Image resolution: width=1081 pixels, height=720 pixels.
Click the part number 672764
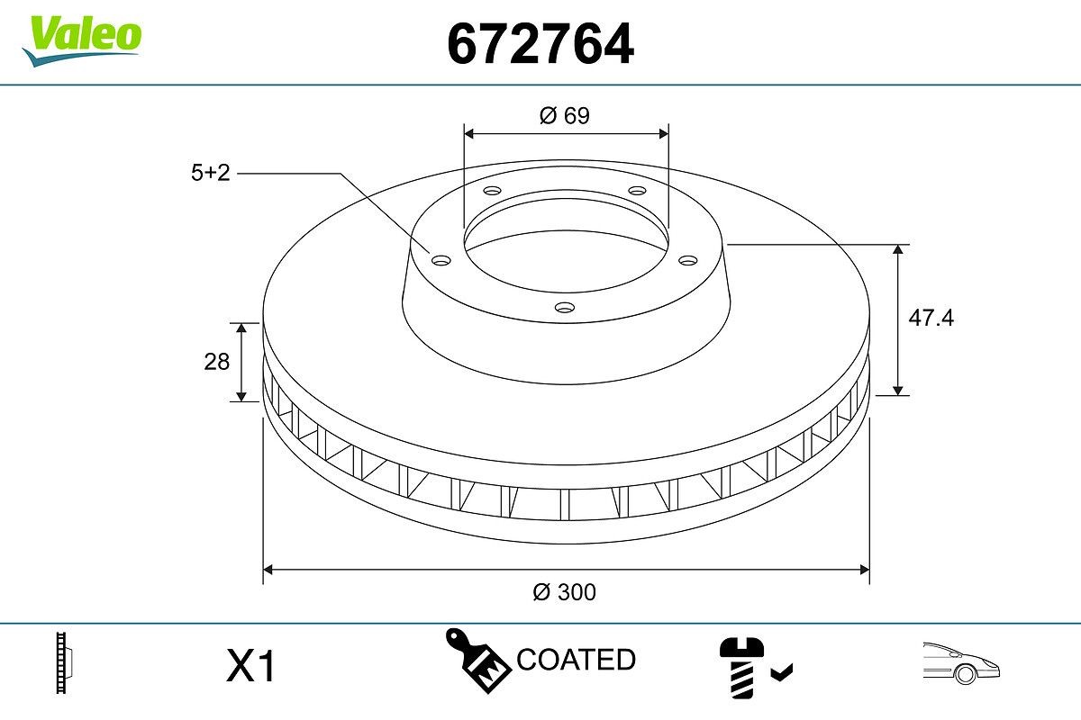(540, 44)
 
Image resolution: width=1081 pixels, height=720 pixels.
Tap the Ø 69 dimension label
(565, 116)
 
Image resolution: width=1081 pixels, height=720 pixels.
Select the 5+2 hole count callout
(211, 173)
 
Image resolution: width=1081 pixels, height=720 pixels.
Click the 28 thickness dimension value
(217, 362)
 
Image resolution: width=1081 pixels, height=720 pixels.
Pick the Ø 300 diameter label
(565, 592)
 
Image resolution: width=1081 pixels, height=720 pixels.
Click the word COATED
(576, 660)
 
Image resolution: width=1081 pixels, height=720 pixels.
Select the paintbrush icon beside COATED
(477, 659)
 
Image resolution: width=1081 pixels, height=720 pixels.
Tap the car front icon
(960, 663)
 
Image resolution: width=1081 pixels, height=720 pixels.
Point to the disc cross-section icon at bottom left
(63, 664)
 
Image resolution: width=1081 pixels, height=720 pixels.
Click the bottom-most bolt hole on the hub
(565, 308)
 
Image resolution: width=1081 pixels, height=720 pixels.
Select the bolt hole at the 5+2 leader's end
(441, 260)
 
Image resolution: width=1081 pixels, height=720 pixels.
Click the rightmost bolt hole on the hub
(689, 260)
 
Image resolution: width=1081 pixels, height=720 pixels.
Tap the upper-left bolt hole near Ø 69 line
(492, 191)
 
